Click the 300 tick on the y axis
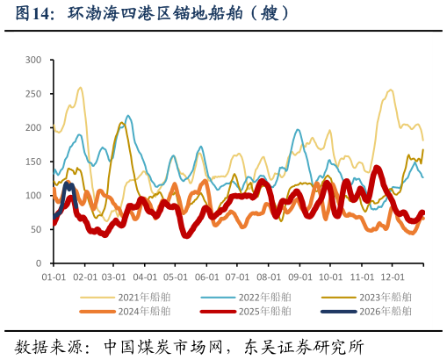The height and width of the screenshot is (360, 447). point(33,60)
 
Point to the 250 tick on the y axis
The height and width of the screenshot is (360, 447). point(33,94)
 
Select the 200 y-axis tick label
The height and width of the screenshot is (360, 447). point(33,128)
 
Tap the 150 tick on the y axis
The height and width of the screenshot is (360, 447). point(33,162)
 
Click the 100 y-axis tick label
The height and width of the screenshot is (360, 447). point(33,196)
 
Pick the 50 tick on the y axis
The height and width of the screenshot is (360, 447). point(36,230)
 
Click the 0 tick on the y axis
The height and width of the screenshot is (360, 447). point(39,263)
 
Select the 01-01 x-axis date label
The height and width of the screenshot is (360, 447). point(54,277)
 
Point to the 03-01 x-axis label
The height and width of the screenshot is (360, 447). point(114,277)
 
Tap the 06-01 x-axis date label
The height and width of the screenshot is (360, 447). point(206,277)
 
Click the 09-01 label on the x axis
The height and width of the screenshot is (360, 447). point(299,277)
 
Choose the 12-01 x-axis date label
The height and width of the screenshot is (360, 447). point(392,277)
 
